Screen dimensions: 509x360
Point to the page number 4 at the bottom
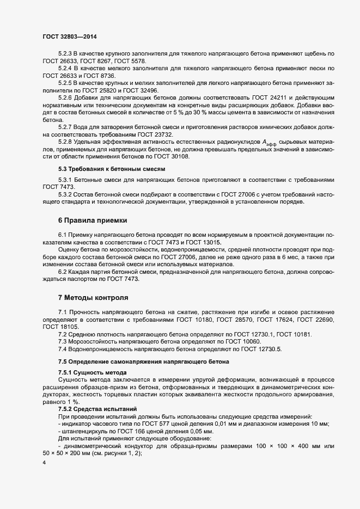click(x=44, y=463)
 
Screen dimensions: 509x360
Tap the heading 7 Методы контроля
click(x=93, y=298)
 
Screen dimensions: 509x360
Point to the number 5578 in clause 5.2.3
click(x=137, y=62)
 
